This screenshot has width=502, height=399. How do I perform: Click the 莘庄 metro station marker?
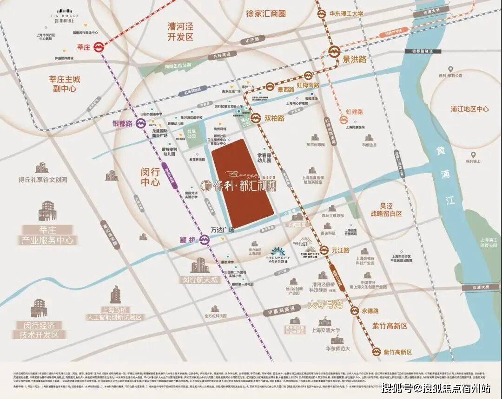(x=99, y=47)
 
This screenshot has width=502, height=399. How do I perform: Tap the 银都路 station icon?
(x=141, y=123)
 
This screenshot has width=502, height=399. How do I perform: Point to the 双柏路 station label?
(x=275, y=118)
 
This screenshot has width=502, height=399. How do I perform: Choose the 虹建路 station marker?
(x=343, y=120)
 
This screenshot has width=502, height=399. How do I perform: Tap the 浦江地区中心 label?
(x=469, y=109)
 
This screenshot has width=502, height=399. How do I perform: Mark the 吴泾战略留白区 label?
(x=385, y=209)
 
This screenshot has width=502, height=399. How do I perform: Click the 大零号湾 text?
(x=325, y=305)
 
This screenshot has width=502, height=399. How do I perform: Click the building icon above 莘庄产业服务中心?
(x=47, y=211)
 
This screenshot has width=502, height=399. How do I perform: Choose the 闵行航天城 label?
(x=199, y=280)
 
